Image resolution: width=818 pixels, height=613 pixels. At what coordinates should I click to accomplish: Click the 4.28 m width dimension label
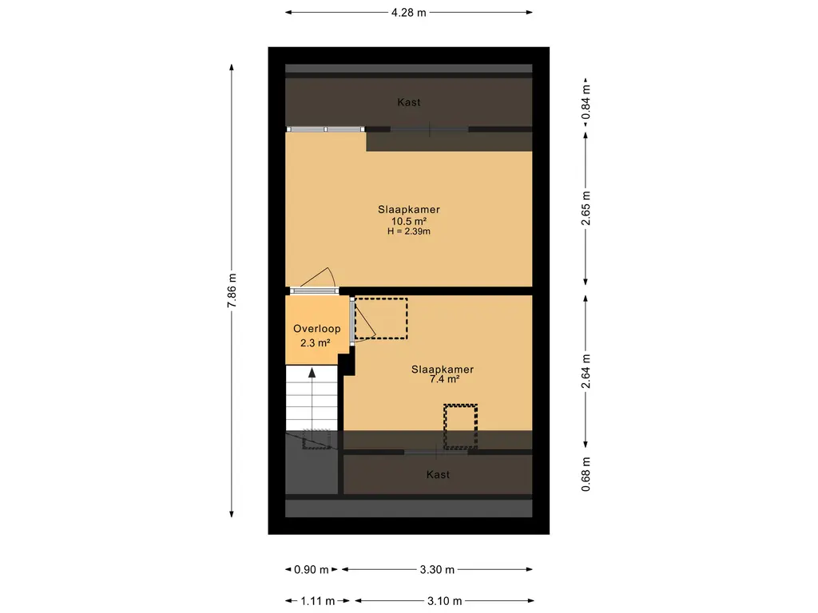pos(409,12)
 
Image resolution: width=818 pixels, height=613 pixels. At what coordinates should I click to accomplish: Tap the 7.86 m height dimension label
pos(232,291)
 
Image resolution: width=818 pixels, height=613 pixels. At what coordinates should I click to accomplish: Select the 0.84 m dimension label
pos(586,103)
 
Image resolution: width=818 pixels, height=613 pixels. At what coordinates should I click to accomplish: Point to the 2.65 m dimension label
pos(586,210)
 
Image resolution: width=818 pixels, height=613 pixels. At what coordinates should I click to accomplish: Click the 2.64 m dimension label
pos(586,372)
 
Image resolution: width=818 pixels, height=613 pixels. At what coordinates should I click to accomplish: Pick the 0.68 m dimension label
pos(586,474)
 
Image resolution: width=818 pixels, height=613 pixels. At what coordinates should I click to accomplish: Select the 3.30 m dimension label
pos(438,570)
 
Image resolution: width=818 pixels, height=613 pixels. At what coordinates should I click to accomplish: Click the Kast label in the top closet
pos(409,102)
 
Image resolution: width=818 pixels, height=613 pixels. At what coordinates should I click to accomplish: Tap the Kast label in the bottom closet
pos(438,474)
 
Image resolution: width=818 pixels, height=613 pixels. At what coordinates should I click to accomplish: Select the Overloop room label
pos(317,329)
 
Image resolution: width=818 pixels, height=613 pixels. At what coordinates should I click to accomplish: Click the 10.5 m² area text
pos(409,221)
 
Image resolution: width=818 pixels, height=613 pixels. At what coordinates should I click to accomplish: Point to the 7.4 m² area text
pos(443,380)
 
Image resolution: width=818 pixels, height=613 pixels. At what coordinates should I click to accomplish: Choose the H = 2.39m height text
pos(409,231)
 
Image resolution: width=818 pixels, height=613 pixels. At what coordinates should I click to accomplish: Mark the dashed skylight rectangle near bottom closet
pos(461,426)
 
